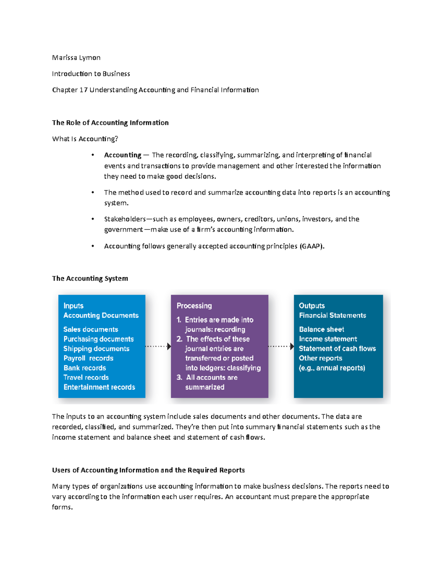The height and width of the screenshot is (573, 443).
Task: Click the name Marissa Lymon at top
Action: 76,58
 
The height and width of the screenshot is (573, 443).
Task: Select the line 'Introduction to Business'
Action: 91,74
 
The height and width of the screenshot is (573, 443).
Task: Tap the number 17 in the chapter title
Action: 83,90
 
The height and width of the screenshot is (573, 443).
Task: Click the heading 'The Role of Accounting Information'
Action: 110,123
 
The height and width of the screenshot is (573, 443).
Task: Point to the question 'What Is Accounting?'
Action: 85,139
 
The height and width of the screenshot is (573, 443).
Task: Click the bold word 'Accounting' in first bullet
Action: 123,155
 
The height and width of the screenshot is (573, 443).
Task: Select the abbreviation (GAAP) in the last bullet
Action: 312,246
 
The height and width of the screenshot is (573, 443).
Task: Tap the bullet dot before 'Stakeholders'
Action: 93,219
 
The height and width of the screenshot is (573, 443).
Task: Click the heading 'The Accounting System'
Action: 90,279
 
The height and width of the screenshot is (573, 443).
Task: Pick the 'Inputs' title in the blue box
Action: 73,306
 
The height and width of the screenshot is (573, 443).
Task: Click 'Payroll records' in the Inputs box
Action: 88,358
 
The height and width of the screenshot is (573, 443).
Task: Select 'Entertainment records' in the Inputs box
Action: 99,387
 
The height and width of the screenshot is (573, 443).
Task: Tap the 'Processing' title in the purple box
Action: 194,306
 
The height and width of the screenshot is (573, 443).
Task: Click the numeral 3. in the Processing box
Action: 179,377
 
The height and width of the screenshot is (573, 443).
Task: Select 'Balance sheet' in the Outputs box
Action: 322,329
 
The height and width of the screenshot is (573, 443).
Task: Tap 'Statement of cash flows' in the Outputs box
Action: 337,349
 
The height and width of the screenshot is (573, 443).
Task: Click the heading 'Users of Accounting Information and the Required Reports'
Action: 148,470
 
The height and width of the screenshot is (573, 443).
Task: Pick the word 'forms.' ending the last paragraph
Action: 62,507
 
